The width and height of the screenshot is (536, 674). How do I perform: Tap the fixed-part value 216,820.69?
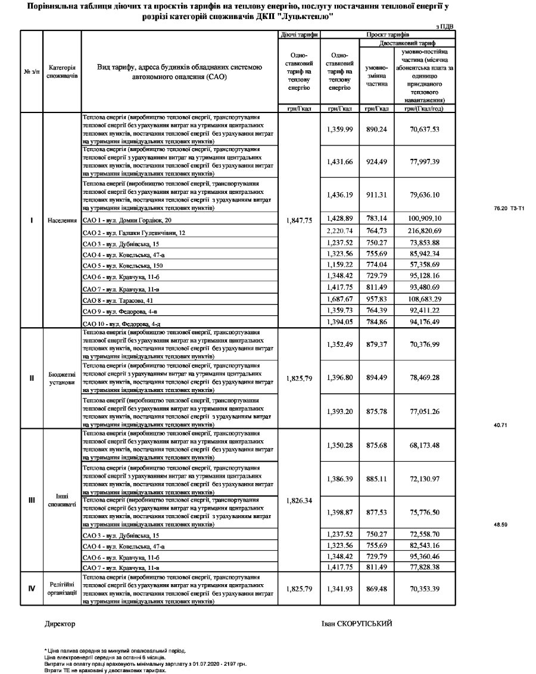(x=420, y=231)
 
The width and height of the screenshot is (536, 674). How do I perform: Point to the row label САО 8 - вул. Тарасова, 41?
(x=119, y=300)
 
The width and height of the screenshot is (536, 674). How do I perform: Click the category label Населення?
(x=63, y=220)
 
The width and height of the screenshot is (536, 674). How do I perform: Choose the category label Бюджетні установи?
(x=63, y=378)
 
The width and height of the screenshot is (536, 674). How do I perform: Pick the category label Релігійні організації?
(x=63, y=589)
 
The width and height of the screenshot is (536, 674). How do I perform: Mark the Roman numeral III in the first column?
(x=32, y=500)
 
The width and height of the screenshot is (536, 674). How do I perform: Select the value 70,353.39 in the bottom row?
(x=420, y=589)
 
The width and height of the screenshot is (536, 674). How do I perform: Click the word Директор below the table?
(x=60, y=623)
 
